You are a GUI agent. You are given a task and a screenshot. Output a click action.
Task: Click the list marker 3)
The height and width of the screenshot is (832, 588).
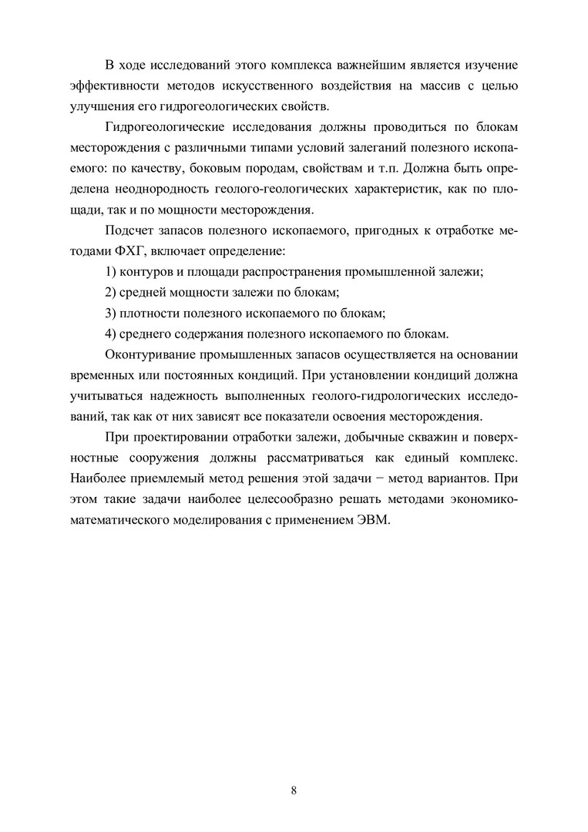pos(110,314)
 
